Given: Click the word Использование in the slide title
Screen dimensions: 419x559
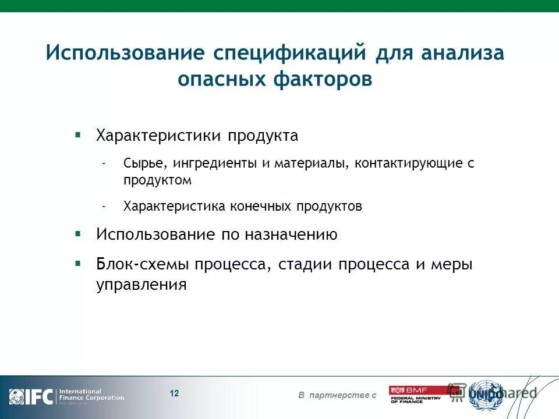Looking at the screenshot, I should pyautogui.click(x=125, y=53).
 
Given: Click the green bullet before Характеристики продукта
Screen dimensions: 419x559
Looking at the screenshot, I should pyautogui.click(x=77, y=134).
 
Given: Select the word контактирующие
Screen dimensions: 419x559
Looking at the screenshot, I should pyautogui.click(x=408, y=164).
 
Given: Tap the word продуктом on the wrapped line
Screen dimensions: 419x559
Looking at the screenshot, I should pyautogui.click(x=157, y=180).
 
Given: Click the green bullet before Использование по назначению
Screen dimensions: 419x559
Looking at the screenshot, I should pyautogui.click(x=77, y=233).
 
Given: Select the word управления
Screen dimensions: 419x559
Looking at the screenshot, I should pyautogui.click(x=141, y=285).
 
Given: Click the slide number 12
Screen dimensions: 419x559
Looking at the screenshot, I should pyautogui.click(x=174, y=393).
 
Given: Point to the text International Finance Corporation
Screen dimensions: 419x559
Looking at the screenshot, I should pyautogui.click(x=91, y=395).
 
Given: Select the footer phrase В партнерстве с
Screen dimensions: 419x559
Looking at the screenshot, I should pyautogui.click(x=337, y=396).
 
